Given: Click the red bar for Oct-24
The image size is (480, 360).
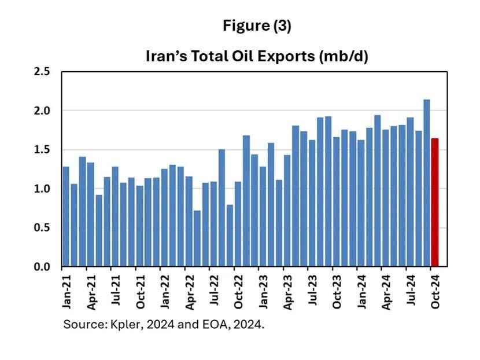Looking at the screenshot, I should pyautogui.click(x=435, y=203).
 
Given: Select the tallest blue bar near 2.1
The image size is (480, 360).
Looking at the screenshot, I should pyautogui.click(x=427, y=183).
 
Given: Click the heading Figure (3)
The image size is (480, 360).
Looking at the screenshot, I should pyautogui.click(x=257, y=27).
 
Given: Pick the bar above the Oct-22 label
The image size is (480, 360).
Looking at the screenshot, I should pyautogui.click(x=238, y=224).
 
